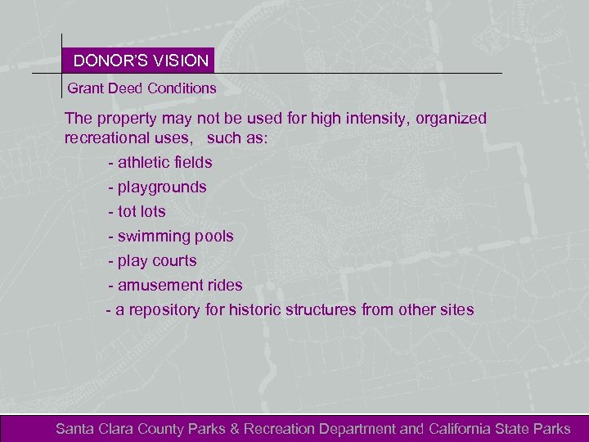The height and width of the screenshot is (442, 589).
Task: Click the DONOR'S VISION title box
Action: [140, 61]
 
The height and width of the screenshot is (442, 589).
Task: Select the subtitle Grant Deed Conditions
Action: [142, 88]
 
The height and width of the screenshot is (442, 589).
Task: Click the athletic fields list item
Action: [160, 162]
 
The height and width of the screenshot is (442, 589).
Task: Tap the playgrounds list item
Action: [157, 187]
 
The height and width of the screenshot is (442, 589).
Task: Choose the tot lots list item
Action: [137, 211]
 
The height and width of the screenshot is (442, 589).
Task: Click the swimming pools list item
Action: [170, 236]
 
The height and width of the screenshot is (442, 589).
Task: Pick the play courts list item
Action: [153, 260]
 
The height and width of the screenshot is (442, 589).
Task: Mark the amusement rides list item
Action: [175, 285]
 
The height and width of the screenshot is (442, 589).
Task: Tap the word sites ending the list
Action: [456, 309]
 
